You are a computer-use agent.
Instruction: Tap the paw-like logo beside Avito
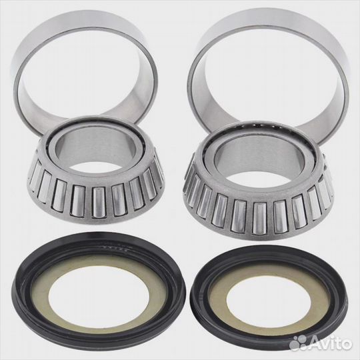299,343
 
